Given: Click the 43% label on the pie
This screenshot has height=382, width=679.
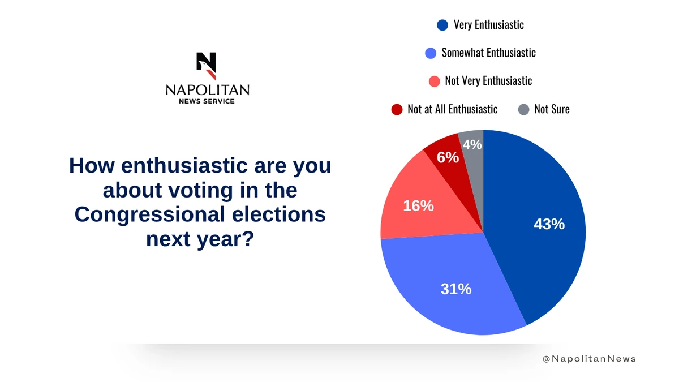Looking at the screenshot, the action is [549, 224].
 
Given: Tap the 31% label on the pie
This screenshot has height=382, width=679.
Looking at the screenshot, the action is [456, 289].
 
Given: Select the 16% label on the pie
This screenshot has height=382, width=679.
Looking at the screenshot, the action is [418, 206].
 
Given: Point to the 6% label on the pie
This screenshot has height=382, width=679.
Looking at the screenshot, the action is [448, 157].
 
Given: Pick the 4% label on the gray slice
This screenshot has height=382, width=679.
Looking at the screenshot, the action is [472, 145].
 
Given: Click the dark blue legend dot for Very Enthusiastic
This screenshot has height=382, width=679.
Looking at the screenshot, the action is [442, 25].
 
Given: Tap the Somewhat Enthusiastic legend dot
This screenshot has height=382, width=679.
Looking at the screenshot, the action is [431, 53].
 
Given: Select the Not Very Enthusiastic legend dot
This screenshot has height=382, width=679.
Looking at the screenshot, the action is [435, 81].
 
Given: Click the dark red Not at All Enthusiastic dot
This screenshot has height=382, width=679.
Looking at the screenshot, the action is [397, 109].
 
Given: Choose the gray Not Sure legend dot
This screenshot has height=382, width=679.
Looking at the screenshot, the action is [523, 109].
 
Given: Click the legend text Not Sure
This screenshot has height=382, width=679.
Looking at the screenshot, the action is [552, 109].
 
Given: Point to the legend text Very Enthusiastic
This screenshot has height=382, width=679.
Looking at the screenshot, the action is [489, 25].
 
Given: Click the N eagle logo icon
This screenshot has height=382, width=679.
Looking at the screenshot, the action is [207, 66].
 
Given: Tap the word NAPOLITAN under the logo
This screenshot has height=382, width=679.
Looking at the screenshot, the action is [208, 91].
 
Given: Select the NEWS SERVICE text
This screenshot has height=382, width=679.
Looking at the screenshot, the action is [207, 101].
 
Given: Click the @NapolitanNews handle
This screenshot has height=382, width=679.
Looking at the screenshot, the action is [589, 359].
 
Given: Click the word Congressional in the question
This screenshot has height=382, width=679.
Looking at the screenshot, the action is [150, 215].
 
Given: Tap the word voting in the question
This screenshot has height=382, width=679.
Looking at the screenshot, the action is [201, 190].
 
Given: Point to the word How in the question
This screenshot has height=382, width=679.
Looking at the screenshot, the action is [92, 165].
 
